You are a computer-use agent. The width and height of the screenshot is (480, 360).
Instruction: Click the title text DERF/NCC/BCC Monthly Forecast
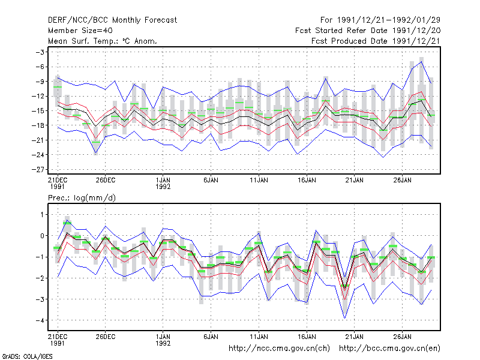pos(112,20)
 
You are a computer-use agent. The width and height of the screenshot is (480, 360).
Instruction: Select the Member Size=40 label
pos(80,31)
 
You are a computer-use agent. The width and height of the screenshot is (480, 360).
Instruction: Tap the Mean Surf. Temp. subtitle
pos(103,41)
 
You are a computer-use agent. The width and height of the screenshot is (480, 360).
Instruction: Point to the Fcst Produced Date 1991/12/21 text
pos(376,41)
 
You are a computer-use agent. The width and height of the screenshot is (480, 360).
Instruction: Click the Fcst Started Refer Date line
pos(368,31)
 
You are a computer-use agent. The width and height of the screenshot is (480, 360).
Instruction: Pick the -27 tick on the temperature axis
pos(40,169)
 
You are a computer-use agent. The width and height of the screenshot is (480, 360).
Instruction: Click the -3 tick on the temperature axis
pos(41,52)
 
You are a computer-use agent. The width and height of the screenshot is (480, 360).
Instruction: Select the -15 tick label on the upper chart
pos(40,110)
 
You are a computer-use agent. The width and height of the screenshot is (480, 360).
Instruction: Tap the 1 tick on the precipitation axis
pos(41,215)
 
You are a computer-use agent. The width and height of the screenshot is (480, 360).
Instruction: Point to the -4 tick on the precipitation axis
pos(41,320)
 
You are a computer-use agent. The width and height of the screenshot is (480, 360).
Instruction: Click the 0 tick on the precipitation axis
pos(42,236)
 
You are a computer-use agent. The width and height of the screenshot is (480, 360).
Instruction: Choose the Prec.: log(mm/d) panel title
pos(82,198)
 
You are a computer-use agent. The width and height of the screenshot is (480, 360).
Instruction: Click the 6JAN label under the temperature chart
pos(211,180)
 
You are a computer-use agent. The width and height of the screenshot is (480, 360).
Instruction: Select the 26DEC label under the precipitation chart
pos(106,337)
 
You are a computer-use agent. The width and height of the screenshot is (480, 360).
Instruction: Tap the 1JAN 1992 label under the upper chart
pos(163,183)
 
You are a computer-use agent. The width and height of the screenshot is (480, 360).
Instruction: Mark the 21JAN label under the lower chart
pos(355,337)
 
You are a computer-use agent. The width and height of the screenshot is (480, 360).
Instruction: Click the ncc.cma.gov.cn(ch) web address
pos(279,349)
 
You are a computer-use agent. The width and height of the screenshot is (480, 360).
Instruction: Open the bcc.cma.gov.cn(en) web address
pos(389,349)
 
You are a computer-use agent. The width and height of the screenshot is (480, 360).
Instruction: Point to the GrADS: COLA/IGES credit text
pos(27,356)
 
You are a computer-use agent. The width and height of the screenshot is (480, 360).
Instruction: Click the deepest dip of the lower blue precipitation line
pos(344,319)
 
